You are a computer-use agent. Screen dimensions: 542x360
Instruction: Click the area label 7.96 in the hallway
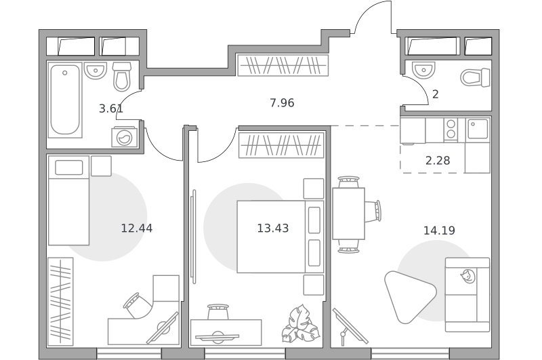pos(282,103)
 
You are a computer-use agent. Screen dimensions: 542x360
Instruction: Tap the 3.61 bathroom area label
pos(111,109)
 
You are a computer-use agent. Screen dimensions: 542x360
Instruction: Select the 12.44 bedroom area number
pos(137,228)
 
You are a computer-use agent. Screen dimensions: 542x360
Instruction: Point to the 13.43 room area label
pos(273,228)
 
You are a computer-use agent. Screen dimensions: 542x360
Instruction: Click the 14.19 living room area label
pos(439,231)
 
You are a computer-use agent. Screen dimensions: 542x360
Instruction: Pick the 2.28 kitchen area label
pos(438,161)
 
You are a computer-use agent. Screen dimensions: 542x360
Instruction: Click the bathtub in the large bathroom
pos(65,100)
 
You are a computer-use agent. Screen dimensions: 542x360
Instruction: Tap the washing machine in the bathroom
pos(125,138)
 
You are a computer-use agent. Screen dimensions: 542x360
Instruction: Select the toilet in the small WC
pos(476,77)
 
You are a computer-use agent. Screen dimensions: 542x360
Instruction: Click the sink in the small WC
pos(423,70)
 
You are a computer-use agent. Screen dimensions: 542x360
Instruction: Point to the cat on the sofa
pos(467,276)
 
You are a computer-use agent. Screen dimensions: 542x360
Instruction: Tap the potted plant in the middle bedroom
pos(300,324)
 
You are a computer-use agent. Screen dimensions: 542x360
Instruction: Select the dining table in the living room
pos(348,214)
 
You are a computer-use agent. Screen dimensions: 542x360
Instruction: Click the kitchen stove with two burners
pos(451,129)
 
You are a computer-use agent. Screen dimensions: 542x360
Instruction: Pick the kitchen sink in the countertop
pos(478,129)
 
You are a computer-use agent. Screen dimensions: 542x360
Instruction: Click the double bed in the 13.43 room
pos(280,237)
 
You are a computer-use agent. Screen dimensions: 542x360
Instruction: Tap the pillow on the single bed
pos(69,167)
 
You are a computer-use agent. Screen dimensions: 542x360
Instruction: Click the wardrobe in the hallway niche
pos(283,65)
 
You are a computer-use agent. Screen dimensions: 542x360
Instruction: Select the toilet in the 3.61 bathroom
pos(122,77)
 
